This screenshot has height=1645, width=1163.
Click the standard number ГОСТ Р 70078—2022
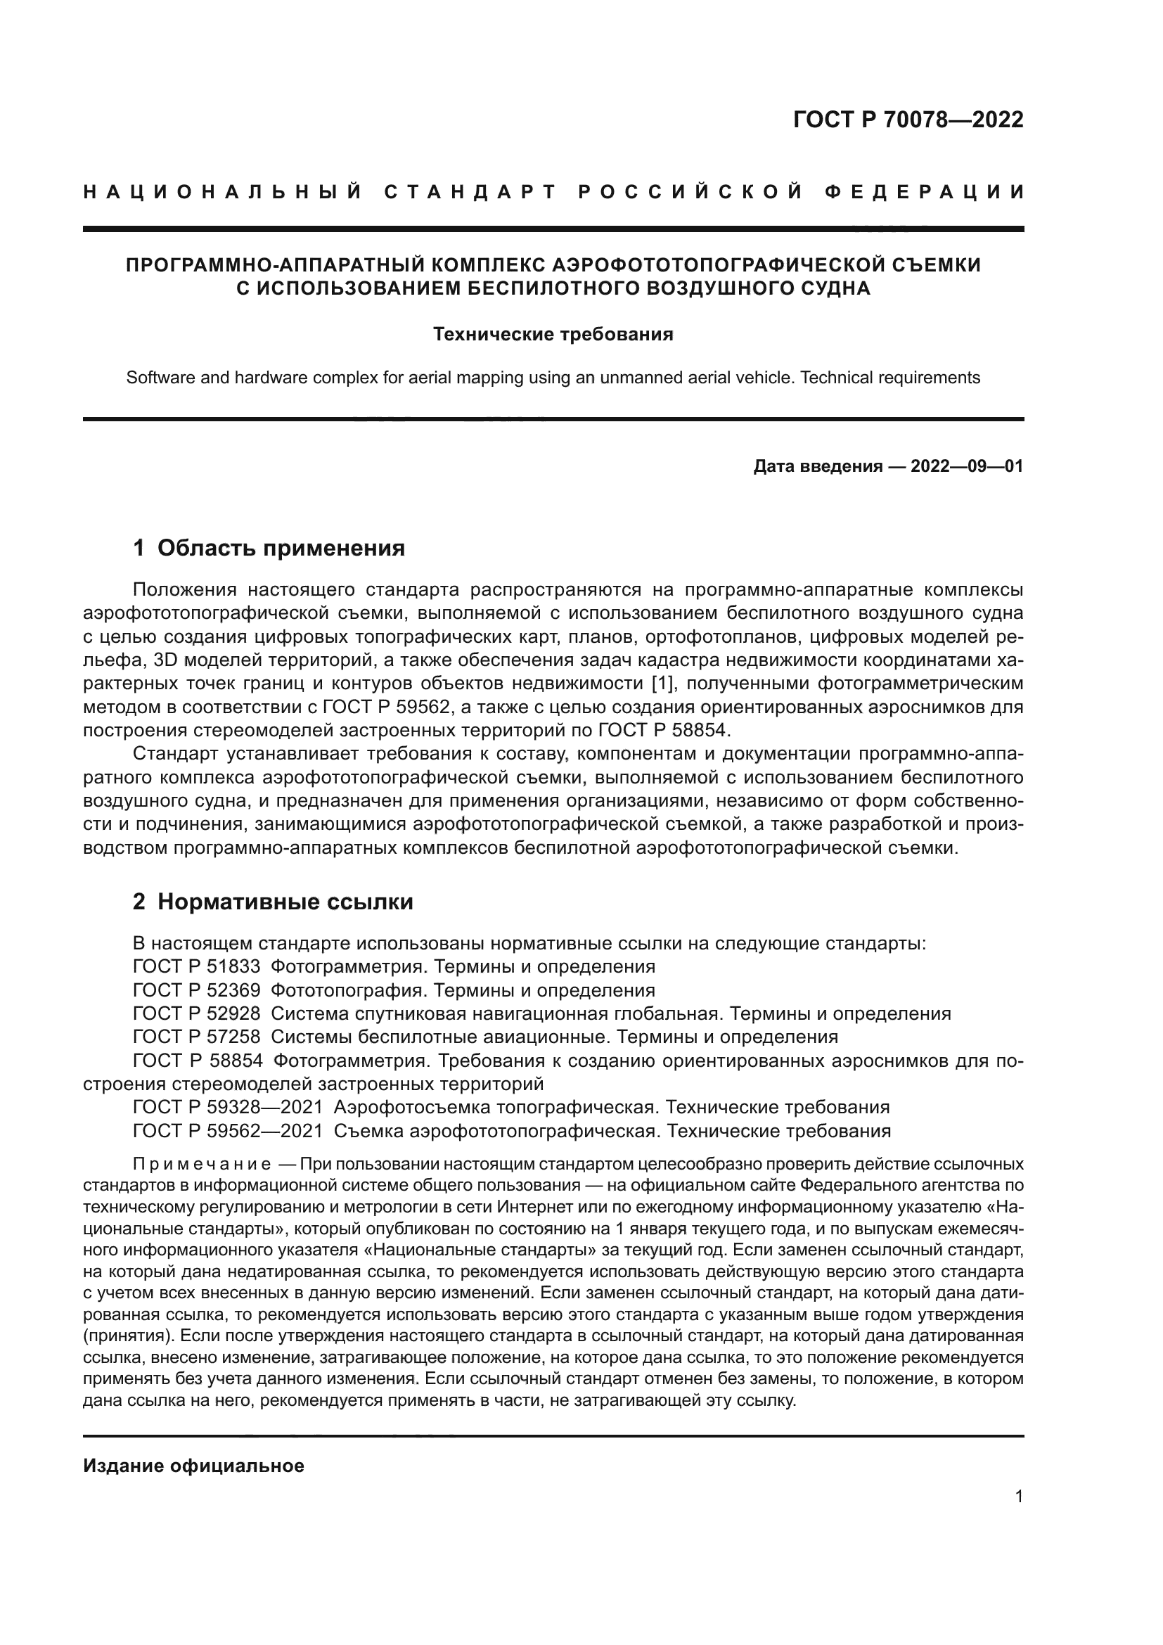[x=908, y=120]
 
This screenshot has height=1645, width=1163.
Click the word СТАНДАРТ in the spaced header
[x=470, y=192]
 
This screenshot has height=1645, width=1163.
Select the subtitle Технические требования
[x=553, y=335]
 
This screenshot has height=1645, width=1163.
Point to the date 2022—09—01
[x=967, y=467]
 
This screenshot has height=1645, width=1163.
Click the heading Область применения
[x=281, y=548]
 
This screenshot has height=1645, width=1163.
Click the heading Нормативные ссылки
[x=285, y=902]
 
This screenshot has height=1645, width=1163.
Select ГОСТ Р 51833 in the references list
[x=197, y=966]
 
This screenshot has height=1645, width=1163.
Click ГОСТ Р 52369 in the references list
[x=197, y=990]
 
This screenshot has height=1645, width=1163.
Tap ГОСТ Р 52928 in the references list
[x=197, y=1014]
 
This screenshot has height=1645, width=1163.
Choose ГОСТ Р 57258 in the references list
[x=197, y=1037]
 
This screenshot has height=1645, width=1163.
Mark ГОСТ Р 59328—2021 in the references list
[x=228, y=1107]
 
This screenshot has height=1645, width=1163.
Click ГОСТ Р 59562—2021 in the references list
[x=228, y=1131]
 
